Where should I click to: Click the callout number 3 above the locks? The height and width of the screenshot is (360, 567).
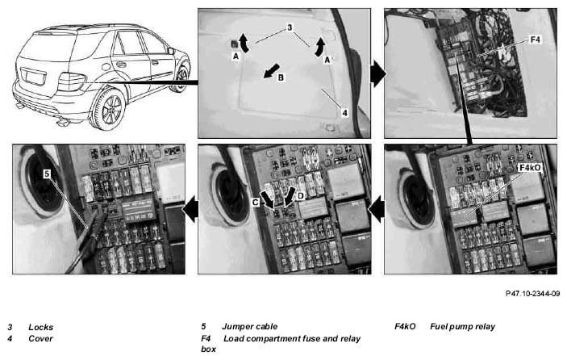(x=290, y=27)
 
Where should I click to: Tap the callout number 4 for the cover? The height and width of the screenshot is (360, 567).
(x=344, y=113)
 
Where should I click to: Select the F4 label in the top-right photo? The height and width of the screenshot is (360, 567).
(x=535, y=40)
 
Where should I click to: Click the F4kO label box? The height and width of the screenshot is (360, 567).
(x=530, y=168)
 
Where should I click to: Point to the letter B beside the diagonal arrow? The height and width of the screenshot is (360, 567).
(x=281, y=77)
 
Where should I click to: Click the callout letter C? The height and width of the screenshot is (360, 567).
(x=256, y=203)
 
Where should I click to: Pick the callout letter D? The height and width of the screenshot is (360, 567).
(x=301, y=195)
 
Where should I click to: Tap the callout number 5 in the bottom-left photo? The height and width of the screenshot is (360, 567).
(x=47, y=174)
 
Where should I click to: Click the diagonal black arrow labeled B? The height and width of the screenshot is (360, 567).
(x=271, y=70)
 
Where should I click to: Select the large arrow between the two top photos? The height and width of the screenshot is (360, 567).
(x=378, y=73)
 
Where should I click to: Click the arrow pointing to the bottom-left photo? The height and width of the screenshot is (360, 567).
(x=190, y=209)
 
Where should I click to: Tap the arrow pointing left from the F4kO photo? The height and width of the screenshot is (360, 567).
(x=377, y=209)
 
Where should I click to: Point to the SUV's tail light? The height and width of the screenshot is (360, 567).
(x=71, y=82)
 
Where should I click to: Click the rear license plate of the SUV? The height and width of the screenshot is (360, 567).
(x=34, y=77)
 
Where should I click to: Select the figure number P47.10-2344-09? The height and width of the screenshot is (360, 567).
(x=532, y=294)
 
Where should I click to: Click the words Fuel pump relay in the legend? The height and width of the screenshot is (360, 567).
(x=462, y=327)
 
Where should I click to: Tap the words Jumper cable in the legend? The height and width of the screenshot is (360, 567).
(x=250, y=327)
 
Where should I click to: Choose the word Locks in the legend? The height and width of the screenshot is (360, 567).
(x=41, y=328)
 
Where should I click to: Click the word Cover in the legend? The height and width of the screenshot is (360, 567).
(x=41, y=339)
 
